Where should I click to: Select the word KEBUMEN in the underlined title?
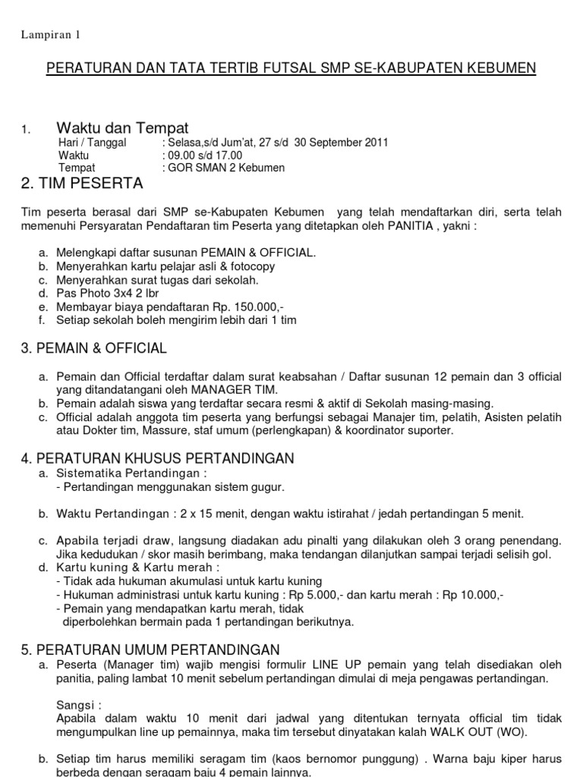[501, 68]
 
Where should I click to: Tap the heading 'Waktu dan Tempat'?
[122, 127]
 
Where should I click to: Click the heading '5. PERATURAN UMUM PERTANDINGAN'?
[151, 650]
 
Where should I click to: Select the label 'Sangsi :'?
[79, 705]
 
